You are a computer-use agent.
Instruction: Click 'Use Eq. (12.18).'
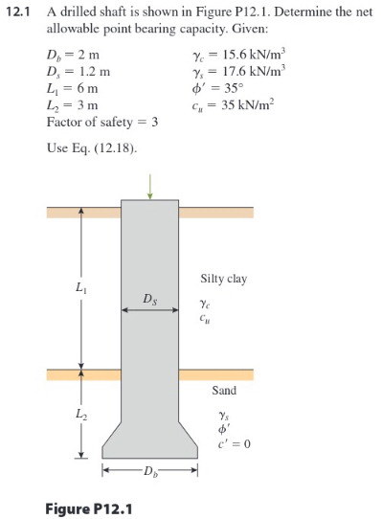tap(91, 148)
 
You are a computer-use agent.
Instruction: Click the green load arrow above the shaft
tap(149, 192)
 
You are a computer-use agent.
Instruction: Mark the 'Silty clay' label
tap(224, 279)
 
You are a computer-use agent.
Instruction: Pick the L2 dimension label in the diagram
tap(77, 413)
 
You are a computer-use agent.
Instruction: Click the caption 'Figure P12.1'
tap(88, 505)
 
